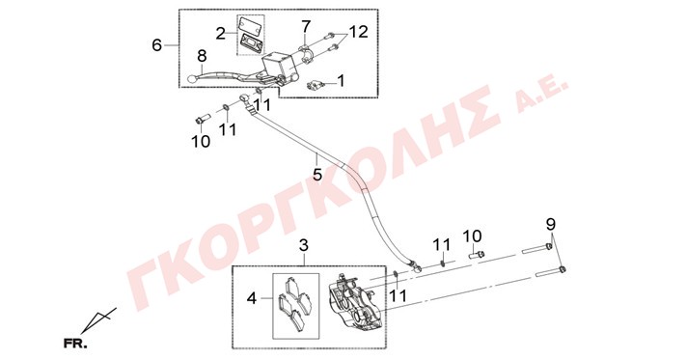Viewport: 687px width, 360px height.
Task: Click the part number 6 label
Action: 157,44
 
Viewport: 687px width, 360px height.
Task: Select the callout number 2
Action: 221,34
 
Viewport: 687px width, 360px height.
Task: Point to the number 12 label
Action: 358,32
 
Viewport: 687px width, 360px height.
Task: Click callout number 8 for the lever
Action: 202,56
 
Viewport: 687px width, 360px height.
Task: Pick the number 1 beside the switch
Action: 341,81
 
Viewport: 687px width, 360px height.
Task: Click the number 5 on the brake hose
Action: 317,175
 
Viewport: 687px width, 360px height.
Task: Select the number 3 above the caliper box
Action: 304,245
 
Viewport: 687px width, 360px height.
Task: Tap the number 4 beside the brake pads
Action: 252,298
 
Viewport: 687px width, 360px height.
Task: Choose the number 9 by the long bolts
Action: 551,224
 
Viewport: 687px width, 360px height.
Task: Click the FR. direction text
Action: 75,343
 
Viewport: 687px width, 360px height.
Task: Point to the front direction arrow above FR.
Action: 99,319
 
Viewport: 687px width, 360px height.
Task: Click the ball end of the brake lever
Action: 191,79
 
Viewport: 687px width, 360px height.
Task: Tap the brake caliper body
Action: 353,302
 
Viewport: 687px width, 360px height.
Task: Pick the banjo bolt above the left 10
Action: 203,119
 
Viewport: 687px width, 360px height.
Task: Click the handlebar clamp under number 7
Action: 306,51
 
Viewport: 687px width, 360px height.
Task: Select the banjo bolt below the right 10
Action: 477,254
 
